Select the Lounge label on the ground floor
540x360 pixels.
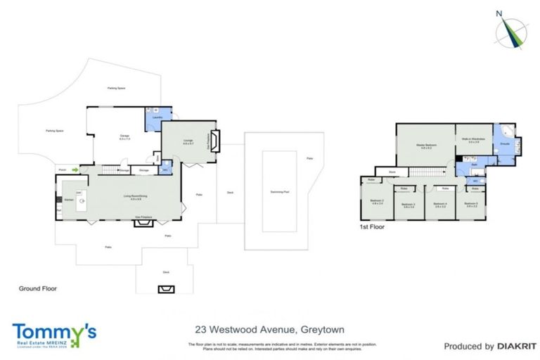[x=188, y=141]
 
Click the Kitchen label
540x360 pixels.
[x=69, y=200]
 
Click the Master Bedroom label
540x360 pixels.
[x=426, y=145]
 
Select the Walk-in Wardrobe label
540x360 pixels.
[x=470, y=139]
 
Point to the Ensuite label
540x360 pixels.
[x=504, y=143]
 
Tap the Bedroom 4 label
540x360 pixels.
[x=440, y=205]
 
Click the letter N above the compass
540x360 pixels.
[x=499, y=13]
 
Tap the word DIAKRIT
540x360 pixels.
[x=516, y=346]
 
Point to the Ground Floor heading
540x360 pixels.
[x=38, y=288]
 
